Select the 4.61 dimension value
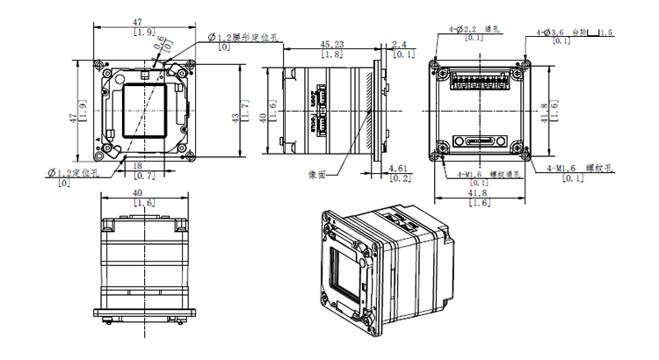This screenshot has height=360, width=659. tap(396, 167)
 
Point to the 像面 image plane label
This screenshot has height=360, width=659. tap(317, 174)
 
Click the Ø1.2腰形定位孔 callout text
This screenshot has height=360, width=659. tap(243, 37)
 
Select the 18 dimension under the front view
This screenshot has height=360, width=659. tap(137, 165)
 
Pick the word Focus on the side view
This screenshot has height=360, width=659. tap(314, 97)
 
